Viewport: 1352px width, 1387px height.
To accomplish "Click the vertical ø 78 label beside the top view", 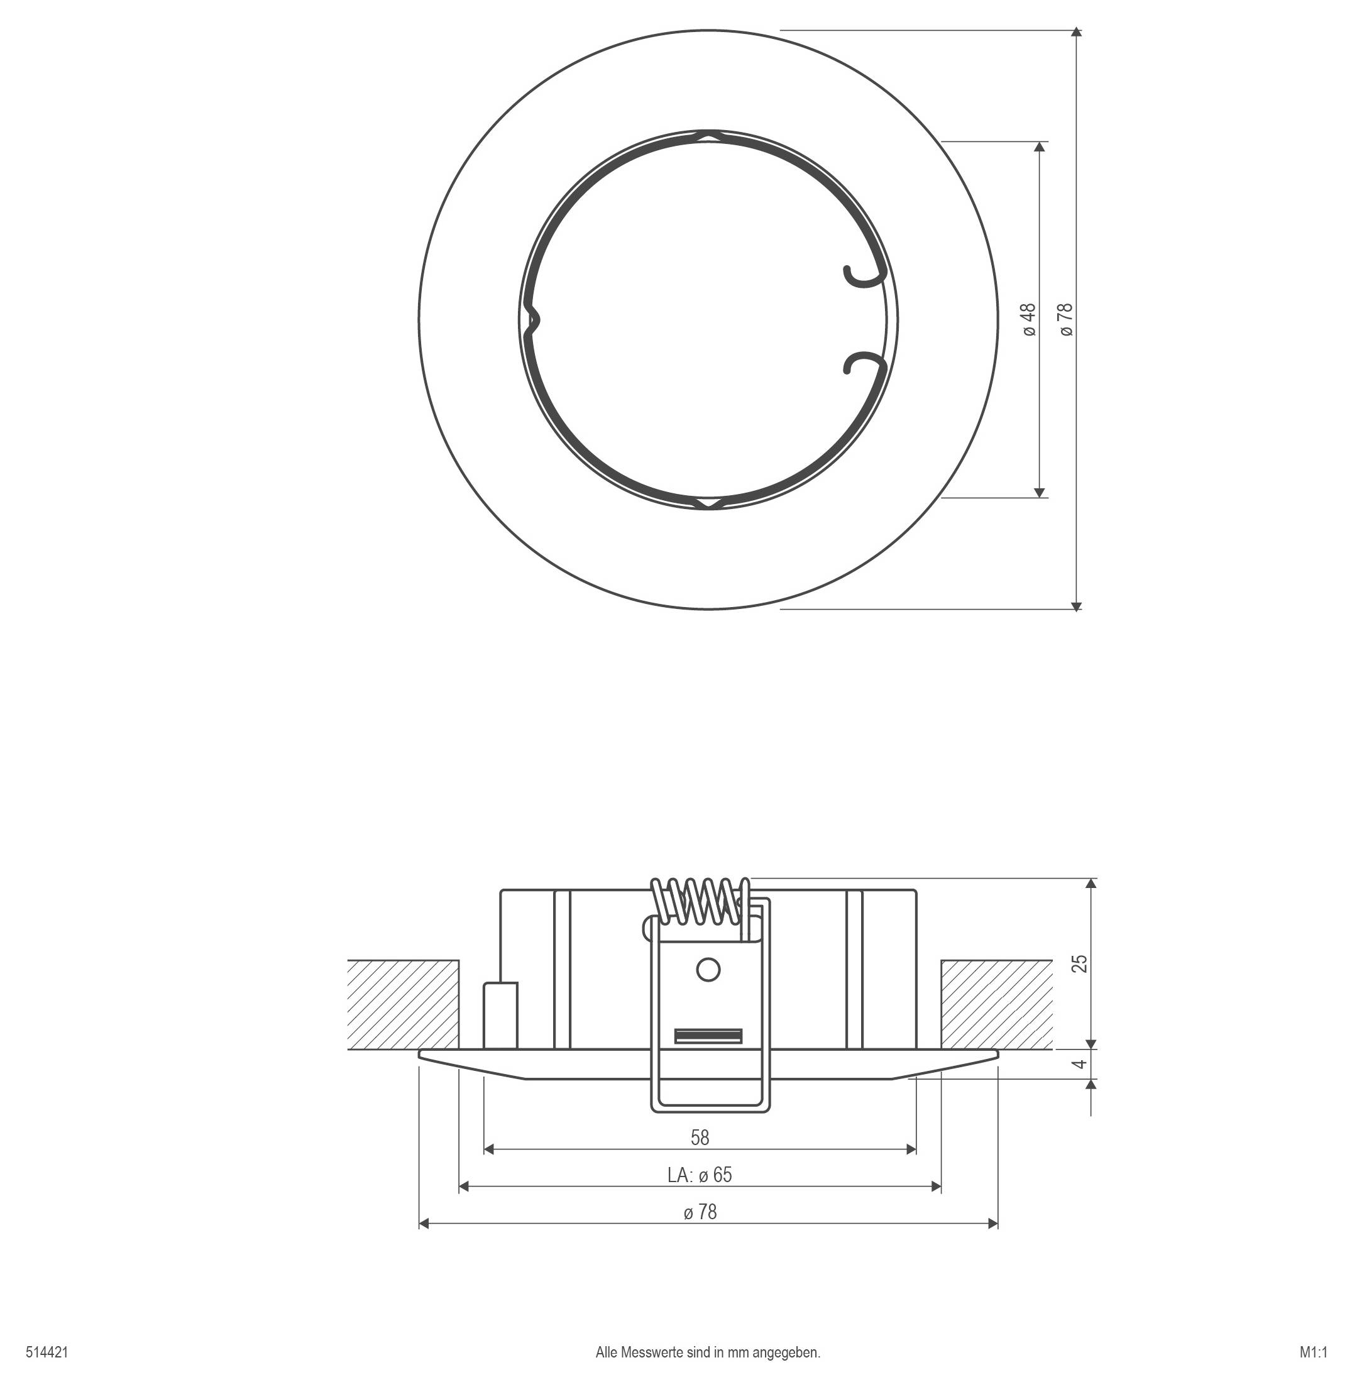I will click(x=1067, y=319).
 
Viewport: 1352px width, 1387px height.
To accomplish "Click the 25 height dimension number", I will click(x=1079, y=963).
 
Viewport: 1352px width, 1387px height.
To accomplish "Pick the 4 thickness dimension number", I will click(x=1079, y=1064).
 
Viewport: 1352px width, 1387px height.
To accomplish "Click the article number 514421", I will click(x=47, y=1352).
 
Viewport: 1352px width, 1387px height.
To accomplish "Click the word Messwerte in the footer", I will click(x=652, y=1352).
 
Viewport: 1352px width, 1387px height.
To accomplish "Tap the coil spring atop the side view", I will click(x=700, y=901).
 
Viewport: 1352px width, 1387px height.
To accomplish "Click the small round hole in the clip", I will click(x=708, y=970).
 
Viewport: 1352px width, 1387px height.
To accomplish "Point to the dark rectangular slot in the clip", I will click(x=708, y=1036).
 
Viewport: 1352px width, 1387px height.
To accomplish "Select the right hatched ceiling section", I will click(x=996, y=1004).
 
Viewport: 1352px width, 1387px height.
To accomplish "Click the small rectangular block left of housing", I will click(x=500, y=1015).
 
